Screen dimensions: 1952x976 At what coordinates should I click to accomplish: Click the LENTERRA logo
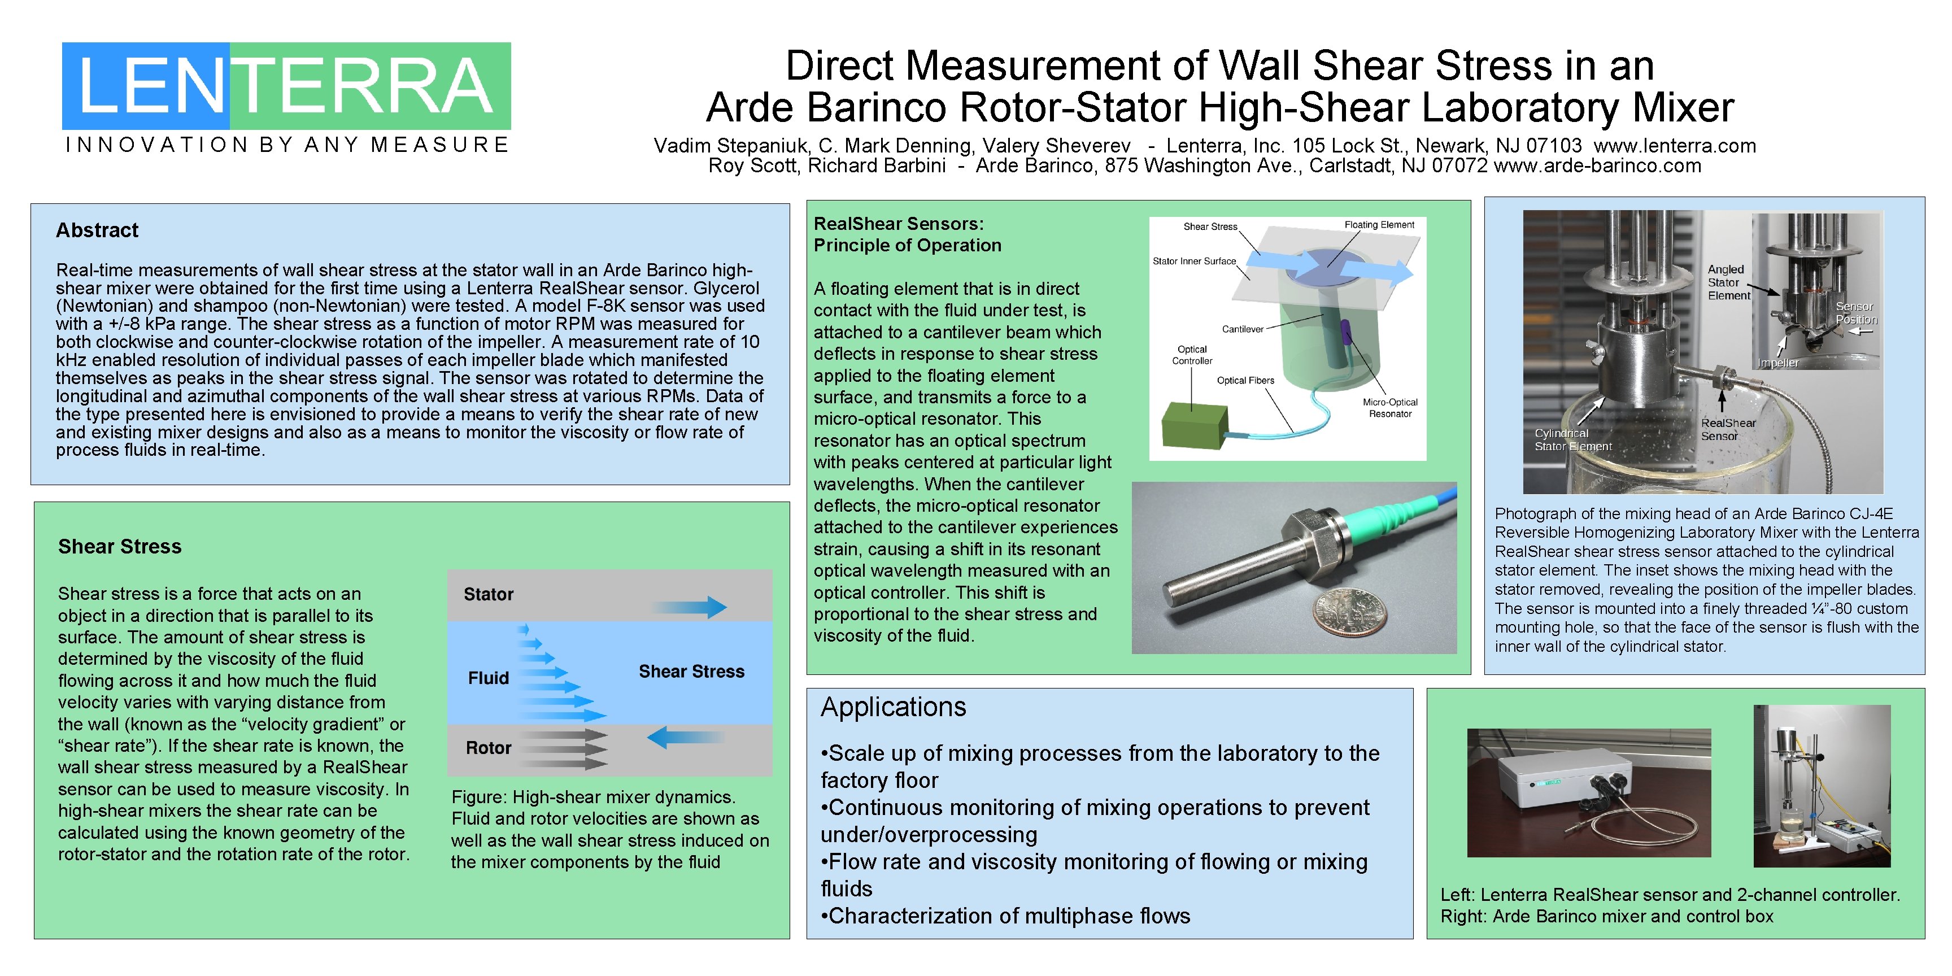[x=286, y=86]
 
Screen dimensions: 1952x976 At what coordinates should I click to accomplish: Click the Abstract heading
[x=97, y=230]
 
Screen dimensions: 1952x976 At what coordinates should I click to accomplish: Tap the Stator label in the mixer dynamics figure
[x=488, y=594]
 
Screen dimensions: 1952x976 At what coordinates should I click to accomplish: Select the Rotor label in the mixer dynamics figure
[x=488, y=748]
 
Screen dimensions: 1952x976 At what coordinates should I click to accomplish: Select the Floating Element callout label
[x=1379, y=225]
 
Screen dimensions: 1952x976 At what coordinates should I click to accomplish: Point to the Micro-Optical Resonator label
[x=1390, y=408]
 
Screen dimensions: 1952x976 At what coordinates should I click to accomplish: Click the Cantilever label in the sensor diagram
[x=1243, y=329]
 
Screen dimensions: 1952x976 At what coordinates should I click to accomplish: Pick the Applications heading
[x=894, y=707]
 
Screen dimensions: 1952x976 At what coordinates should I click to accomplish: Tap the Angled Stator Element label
[x=1728, y=282]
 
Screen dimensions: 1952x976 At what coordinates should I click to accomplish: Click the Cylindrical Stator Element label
[x=1573, y=439]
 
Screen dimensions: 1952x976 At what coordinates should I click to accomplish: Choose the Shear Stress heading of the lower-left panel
[x=120, y=546]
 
